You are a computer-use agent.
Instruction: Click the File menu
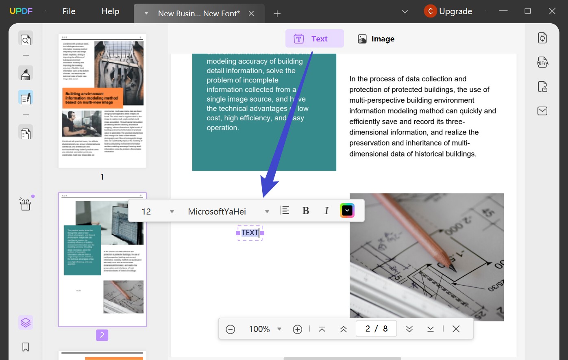pyautogui.click(x=69, y=11)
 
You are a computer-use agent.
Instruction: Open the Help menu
pyautogui.click(x=110, y=11)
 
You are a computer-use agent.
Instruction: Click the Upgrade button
pyautogui.click(x=448, y=11)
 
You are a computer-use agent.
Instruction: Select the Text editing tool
pyautogui.click(x=314, y=39)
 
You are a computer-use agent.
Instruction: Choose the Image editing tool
pyautogui.click(x=376, y=39)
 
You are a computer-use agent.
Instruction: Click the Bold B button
pyautogui.click(x=306, y=210)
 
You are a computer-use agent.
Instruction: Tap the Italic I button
pyautogui.click(x=326, y=210)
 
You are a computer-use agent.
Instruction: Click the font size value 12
pyautogui.click(x=146, y=211)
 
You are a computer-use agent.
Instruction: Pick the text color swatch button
pyautogui.click(x=347, y=210)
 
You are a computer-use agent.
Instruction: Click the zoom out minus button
pyautogui.click(x=230, y=329)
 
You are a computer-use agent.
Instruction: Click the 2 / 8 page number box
pyautogui.click(x=376, y=329)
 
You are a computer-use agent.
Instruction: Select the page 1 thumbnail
pyautogui.click(x=102, y=101)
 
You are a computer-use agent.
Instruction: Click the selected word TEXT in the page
pyautogui.click(x=250, y=233)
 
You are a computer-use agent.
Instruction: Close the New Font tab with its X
pyautogui.click(x=251, y=13)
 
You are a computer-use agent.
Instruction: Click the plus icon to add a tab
pyautogui.click(x=277, y=14)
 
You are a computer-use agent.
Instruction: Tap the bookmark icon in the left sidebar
pyautogui.click(x=26, y=347)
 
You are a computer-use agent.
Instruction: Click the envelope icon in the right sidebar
pyautogui.click(x=542, y=111)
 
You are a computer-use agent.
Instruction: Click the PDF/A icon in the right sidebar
pyautogui.click(x=542, y=62)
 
